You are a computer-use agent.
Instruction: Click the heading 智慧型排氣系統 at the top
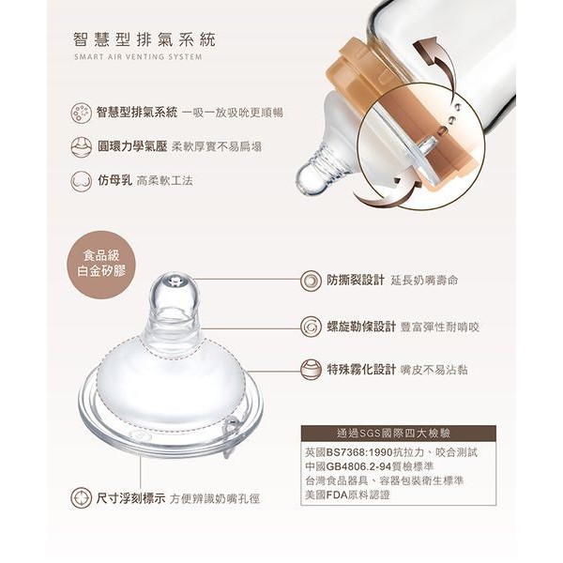tap(145, 39)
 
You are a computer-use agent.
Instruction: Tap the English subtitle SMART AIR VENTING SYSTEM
tap(138, 56)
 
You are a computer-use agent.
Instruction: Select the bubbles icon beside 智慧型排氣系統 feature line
tap(81, 114)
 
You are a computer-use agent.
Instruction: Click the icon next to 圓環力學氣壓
tap(81, 147)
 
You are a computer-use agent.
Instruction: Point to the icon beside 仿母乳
tap(81, 181)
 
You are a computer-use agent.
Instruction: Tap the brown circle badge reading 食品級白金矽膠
tap(101, 265)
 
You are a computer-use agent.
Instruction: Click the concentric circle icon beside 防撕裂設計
tap(311, 281)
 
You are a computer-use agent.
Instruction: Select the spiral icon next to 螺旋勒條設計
tap(311, 327)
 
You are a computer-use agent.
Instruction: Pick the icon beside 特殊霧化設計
tap(311, 370)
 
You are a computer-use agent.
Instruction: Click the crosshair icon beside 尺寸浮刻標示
tap(81, 498)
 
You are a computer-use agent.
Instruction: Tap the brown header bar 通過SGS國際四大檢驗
tap(398, 434)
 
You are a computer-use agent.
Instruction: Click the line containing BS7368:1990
tap(391, 452)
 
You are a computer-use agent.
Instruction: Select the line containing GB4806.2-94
tap(370, 466)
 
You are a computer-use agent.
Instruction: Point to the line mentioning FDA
tap(347, 495)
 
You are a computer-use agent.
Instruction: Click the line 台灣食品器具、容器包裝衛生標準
tap(385, 480)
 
